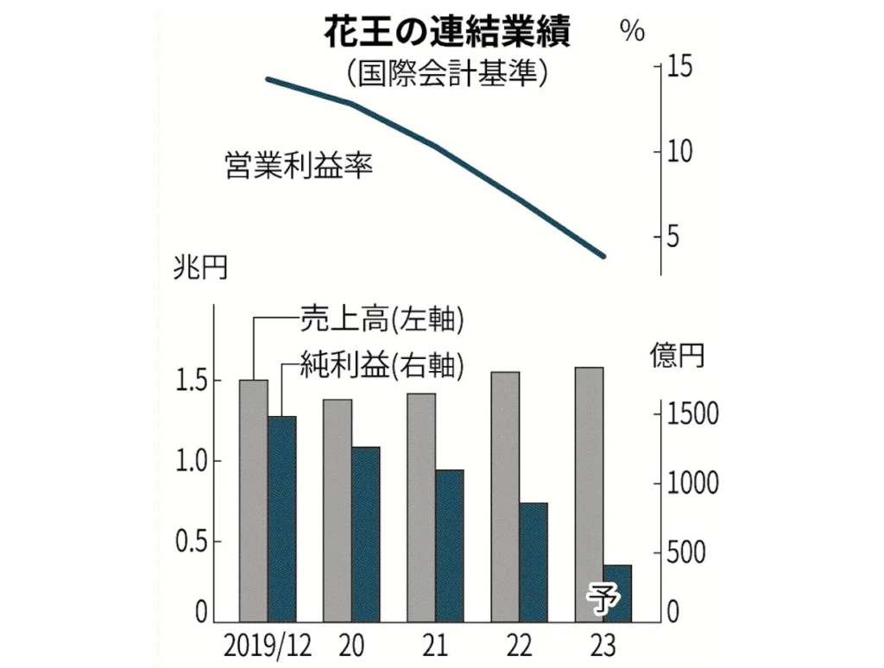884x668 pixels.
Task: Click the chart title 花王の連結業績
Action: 445,34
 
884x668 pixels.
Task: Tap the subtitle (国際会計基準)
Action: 445,72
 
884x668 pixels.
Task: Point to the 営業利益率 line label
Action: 298,165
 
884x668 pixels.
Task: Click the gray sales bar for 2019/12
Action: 254,501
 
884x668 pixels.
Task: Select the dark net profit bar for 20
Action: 366,533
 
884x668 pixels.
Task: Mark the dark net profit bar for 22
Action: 534,561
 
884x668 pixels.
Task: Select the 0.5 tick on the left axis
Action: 192,542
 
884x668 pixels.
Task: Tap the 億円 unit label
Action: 677,355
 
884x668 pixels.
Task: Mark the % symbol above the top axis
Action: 632,32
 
